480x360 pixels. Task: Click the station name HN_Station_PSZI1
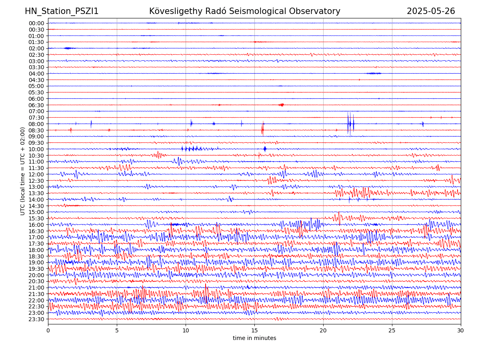(62, 12)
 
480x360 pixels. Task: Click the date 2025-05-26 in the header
(431, 12)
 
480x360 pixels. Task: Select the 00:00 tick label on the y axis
(36, 23)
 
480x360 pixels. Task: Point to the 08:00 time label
(36, 124)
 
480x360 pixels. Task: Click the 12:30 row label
(36, 181)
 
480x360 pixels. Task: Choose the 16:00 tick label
(36, 225)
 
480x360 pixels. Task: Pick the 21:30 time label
(36, 294)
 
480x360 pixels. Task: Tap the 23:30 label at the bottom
(36, 319)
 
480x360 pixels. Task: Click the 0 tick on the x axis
(48, 331)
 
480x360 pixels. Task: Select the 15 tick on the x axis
(254, 331)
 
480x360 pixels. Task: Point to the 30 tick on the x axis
(461, 331)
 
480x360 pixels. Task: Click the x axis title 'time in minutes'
(254, 338)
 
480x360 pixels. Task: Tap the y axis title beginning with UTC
(23, 171)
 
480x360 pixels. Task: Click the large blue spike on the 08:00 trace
(349, 123)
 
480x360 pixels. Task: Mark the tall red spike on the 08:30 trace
(262, 129)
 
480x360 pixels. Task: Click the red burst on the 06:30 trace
(282, 105)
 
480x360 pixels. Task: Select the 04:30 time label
(36, 80)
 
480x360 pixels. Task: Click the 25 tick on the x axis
(392, 331)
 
